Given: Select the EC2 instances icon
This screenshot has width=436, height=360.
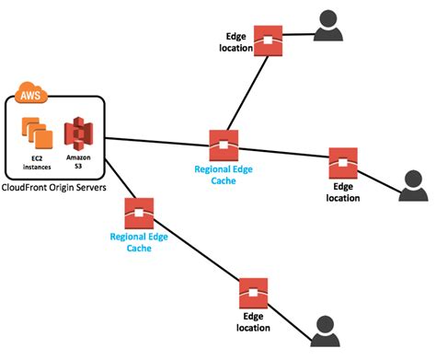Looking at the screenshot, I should click(x=37, y=135).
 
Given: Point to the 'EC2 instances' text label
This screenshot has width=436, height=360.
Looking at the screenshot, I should click(x=36, y=168).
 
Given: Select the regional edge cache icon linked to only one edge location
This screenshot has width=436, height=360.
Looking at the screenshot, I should click(x=139, y=214).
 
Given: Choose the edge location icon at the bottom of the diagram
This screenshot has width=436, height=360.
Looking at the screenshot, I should click(x=252, y=293).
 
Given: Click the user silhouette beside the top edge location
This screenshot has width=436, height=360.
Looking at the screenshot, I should click(x=328, y=27).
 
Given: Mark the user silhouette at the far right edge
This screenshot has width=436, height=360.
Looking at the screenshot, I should click(x=414, y=185).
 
